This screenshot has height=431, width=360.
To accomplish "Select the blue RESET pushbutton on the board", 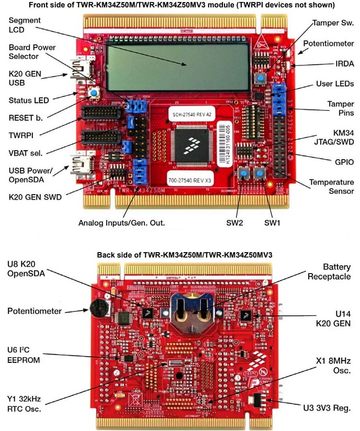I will point(94,94).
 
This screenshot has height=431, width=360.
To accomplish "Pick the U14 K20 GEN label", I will point(331,318).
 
